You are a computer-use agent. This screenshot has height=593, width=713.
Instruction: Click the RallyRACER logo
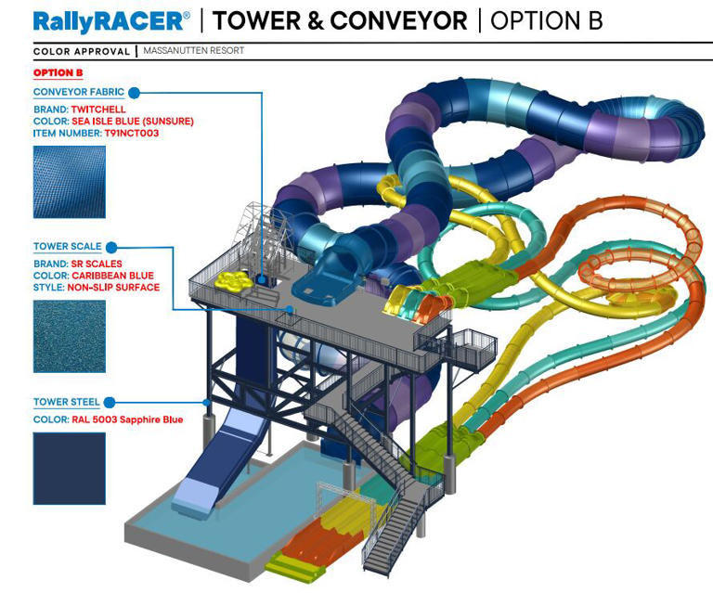tap(111, 21)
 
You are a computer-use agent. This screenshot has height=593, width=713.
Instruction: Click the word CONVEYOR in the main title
tap(399, 21)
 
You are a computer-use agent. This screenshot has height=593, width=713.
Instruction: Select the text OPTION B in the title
tap(547, 21)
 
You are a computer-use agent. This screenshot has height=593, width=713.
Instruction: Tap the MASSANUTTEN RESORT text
tap(194, 50)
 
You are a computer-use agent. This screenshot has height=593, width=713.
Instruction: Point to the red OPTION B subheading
tap(58, 72)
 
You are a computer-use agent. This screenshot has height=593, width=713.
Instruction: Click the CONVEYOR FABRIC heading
tap(79, 92)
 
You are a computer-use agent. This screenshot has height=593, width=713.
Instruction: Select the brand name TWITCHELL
tap(98, 110)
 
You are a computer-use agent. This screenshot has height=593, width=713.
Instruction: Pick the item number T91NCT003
tap(132, 133)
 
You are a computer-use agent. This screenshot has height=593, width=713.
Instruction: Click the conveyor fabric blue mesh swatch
tap(70, 182)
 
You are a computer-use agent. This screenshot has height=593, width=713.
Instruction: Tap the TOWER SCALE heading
tap(67, 246)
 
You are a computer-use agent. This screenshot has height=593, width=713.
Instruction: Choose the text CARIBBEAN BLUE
tap(112, 276)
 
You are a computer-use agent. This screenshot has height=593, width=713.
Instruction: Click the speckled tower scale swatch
tap(70, 337)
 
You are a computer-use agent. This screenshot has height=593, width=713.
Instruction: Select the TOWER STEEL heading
tap(67, 402)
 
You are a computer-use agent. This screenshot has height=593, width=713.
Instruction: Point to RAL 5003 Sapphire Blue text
tap(127, 419)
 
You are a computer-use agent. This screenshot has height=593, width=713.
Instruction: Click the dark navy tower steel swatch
tap(70, 469)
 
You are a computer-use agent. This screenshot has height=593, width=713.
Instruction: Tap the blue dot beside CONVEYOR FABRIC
tap(134, 93)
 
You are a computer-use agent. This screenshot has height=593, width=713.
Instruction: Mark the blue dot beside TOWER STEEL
tap(110, 403)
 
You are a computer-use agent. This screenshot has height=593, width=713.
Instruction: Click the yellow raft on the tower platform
tap(233, 281)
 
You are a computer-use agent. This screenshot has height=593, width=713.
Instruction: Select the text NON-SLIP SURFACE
tap(113, 288)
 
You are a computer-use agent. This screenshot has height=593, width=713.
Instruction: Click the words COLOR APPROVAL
tap(82, 51)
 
